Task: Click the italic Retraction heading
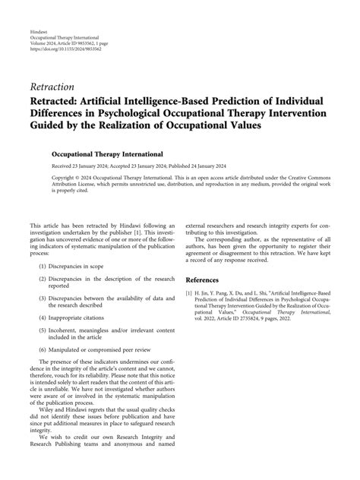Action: coord(53,87)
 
